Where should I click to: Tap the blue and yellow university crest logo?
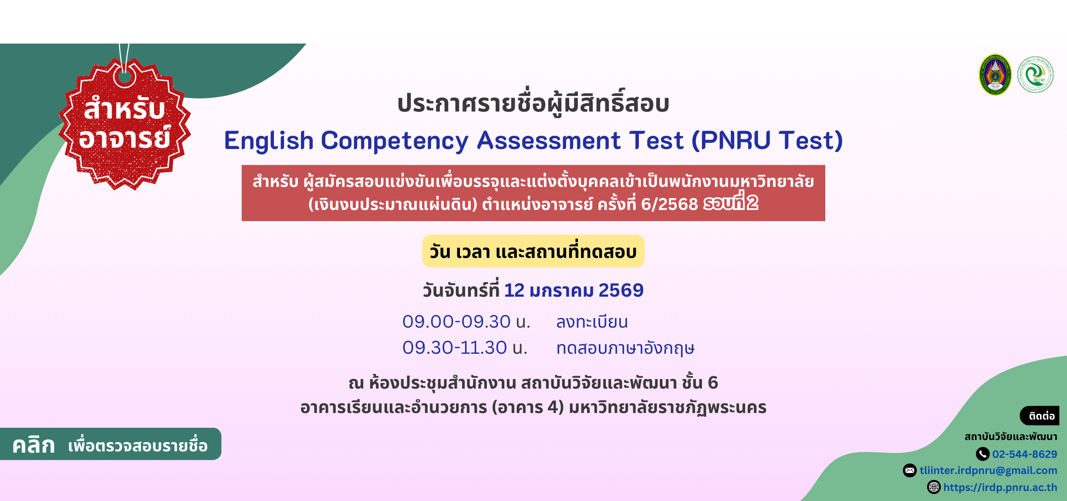coord(995,75)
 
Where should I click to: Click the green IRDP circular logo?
coord(1035,75)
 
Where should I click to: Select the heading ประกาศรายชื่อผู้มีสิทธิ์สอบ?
coord(533,104)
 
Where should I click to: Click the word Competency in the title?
coord(395,141)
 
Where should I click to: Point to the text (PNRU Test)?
coord(767,141)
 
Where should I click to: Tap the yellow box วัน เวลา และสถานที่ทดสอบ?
coord(533,251)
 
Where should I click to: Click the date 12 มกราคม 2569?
coord(574,290)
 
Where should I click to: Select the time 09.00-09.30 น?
coord(466,322)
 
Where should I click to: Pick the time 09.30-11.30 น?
coord(465,348)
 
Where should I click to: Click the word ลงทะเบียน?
coord(592,322)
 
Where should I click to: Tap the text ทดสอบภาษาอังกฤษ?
coord(625,348)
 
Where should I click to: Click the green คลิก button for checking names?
coord(110,444)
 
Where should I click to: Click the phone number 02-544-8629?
coord(1024,454)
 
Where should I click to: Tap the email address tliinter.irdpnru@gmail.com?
coord(988,471)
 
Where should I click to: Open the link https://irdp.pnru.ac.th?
coord(1000,487)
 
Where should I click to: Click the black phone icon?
coord(983,454)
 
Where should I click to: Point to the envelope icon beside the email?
coord(910,471)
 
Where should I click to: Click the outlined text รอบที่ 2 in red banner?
coord(730,203)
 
